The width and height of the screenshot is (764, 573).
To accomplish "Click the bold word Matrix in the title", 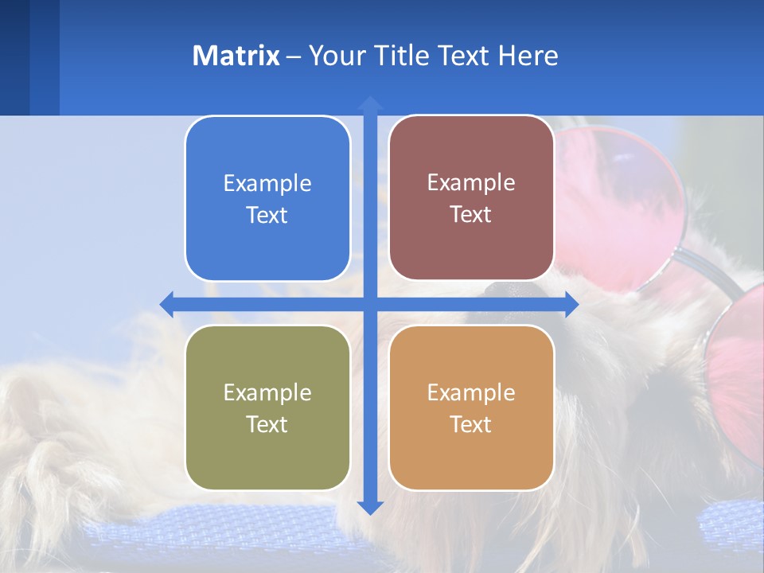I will (x=236, y=56).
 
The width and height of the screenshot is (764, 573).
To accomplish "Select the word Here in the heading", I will (x=528, y=56).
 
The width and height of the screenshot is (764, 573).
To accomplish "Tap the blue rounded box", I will (x=267, y=199).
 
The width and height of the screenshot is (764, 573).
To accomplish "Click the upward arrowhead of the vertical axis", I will (x=370, y=103).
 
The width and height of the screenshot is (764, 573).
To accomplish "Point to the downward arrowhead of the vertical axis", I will (x=370, y=507).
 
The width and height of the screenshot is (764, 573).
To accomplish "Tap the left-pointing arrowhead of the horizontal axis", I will (x=167, y=305).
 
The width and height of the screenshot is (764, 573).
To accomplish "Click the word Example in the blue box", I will (x=267, y=184).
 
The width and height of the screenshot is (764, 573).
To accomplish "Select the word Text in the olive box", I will (x=267, y=424).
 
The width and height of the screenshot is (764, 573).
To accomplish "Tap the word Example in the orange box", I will (x=471, y=392).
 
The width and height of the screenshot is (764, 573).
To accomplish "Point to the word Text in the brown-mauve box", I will (x=471, y=215).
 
